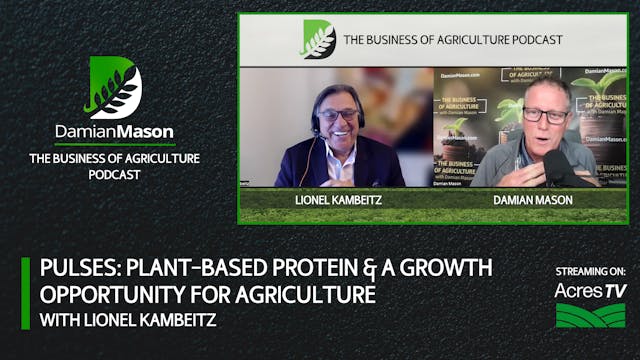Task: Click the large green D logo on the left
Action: click(x=114, y=87)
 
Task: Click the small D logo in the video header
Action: click(x=318, y=39)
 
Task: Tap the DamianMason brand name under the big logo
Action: click(x=114, y=132)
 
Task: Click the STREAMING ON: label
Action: click(x=590, y=271)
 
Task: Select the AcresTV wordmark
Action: click(x=590, y=290)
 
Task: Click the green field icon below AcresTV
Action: click(x=590, y=315)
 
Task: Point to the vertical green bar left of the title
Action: click(x=26, y=293)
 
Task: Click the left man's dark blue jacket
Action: click(x=300, y=165)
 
